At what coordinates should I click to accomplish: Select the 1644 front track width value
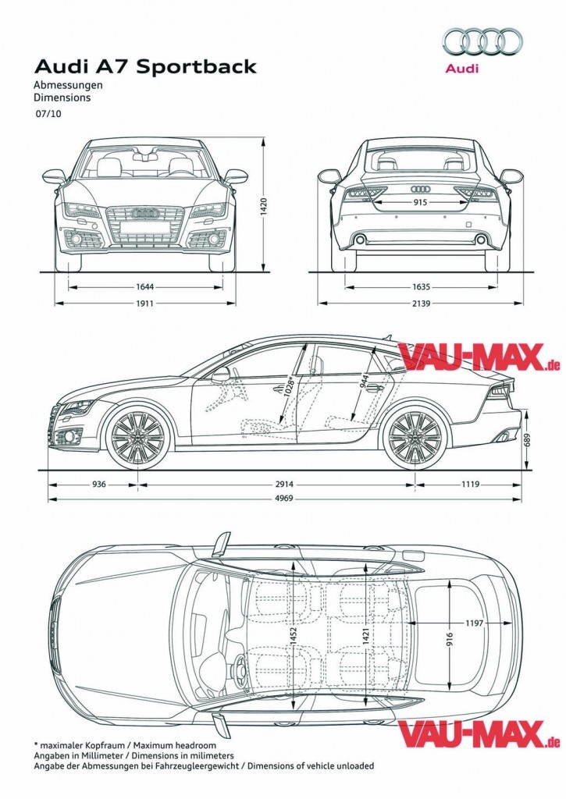144,286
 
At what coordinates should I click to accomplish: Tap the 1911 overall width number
144,303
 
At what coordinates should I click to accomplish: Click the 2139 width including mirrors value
422,303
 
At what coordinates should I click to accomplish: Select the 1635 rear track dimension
422,286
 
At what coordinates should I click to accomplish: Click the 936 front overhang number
99,484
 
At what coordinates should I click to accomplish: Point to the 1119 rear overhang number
469,484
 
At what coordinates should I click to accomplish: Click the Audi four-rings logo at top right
482,41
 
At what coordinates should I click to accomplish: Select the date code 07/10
47,114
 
